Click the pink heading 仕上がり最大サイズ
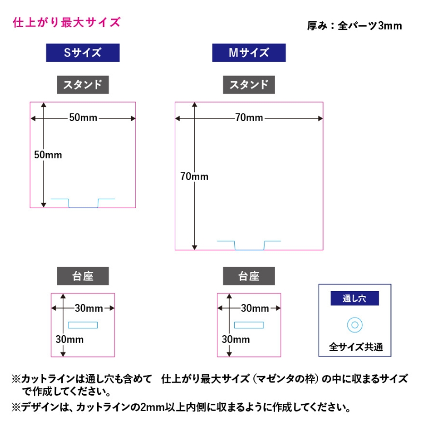pos(67,22)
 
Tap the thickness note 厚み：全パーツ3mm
pos(354,25)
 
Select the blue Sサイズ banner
pos(83,53)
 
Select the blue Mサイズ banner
pos(249,53)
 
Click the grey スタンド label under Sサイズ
pos(83,85)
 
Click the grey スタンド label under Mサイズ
pos(249,85)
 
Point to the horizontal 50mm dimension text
pos(83,117)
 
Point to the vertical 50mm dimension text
pos(48,155)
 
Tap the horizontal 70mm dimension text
pos(249,117)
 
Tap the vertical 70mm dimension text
pos(194,176)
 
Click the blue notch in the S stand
pos(83,207)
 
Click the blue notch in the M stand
pos(249,249)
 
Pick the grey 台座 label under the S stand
pos(83,276)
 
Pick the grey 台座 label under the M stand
pos(249,276)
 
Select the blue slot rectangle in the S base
pos(83,322)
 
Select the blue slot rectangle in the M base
pos(249,322)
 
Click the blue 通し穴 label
pos(354,299)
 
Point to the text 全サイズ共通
pos(356,347)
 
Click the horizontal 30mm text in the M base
pos(255,308)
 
